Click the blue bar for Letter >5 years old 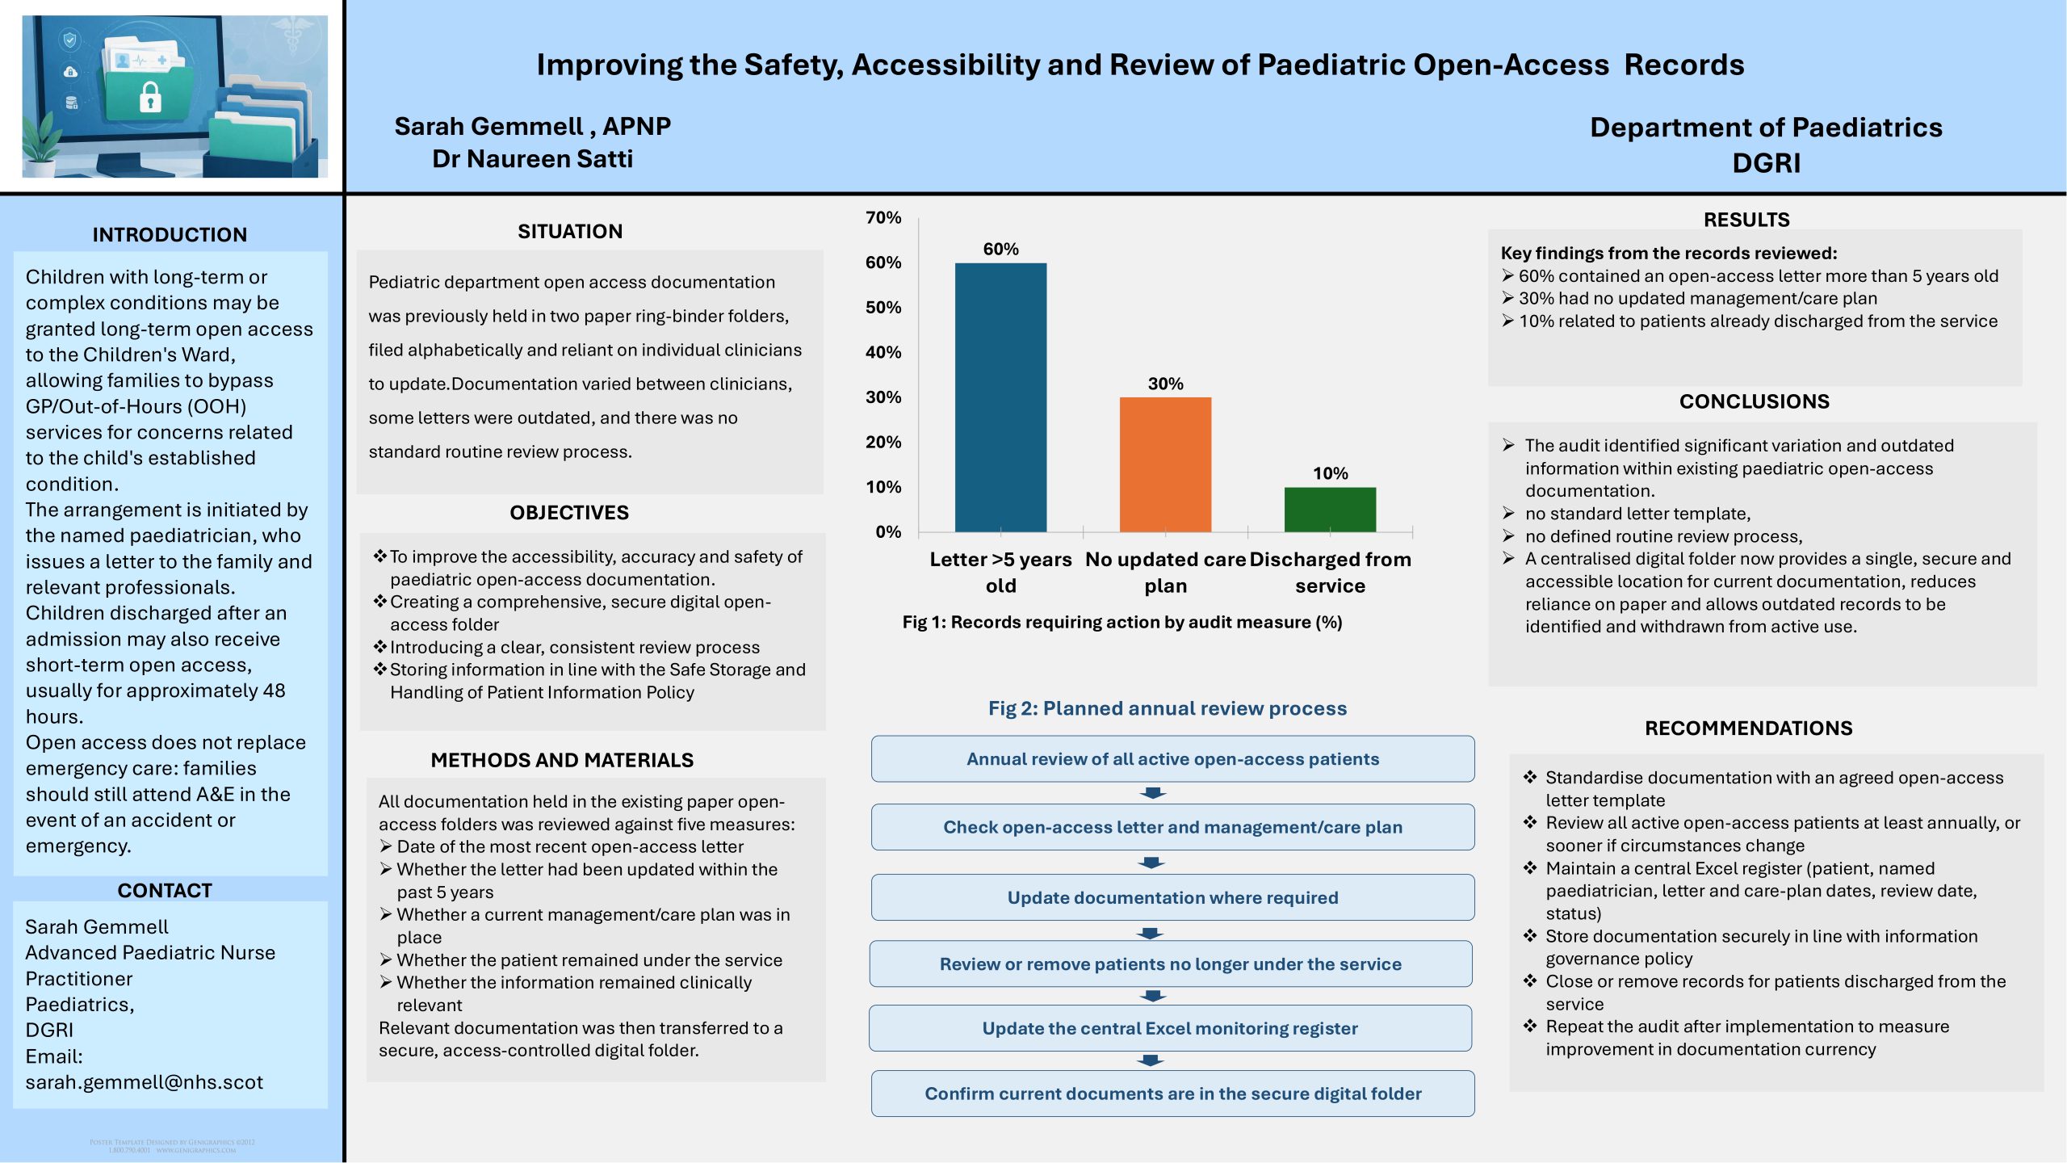tap(1000, 397)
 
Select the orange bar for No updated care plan tap(1165, 464)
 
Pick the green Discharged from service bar tap(1330, 510)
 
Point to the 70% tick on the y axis tap(883, 218)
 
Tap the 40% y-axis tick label tap(883, 353)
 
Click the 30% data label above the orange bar tap(1166, 384)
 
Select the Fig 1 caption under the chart tap(1122, 622)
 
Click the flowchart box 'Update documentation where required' tap(1172, 897)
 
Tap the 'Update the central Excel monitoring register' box tap(1170, 1028)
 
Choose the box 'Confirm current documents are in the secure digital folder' tap(1172, 1094)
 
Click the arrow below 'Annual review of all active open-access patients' tap(1153, 793)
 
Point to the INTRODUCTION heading tap(170, 235)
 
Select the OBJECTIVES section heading tap(569, 513)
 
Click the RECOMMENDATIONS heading tap(1749, 728)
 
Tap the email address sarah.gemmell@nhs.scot tap(145, 1082)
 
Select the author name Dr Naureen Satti tap(532, 159)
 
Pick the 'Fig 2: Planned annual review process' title tap(1168, 708)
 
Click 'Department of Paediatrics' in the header tap(1766, 128)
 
